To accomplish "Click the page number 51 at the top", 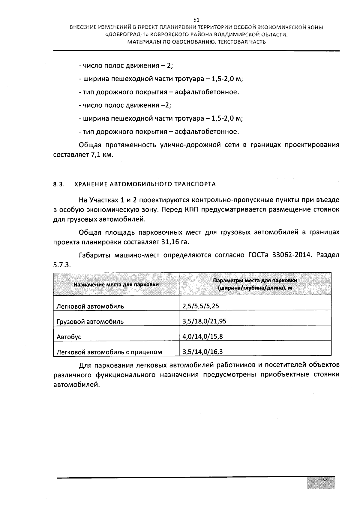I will pos(196,20).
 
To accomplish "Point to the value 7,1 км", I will pos(100,155).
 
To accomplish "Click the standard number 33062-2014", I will pos(290,255).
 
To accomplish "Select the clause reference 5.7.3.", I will pos(62,265).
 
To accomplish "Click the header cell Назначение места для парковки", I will pos(116,284).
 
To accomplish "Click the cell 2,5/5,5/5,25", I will pos(201,306).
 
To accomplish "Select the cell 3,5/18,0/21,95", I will pos(204,321).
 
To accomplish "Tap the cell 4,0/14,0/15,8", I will pos(202,336).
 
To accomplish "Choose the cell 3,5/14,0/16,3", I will pos(202,352).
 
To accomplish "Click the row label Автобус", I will pos(69,337).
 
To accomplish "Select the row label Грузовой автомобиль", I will pos(90,322).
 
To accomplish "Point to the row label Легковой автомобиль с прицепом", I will pos(109,352).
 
